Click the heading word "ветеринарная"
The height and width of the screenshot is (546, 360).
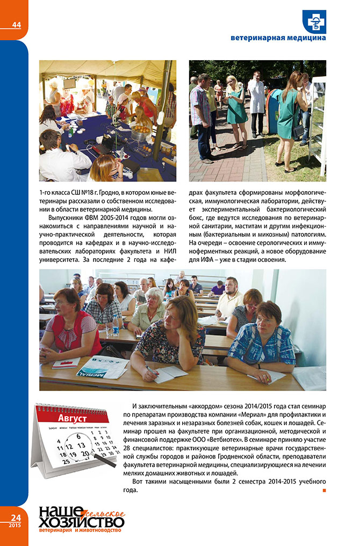(255, 39)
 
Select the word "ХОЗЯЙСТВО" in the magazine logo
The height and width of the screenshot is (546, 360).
(81, 522)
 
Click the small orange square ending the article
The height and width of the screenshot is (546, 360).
(324, 490)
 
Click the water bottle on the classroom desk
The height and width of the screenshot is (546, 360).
(116, 325)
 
